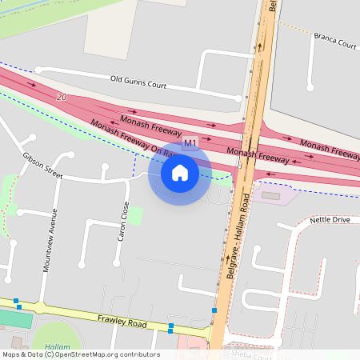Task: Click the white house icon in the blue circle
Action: [x=179, y=172]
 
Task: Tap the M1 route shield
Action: [x=190, y=144]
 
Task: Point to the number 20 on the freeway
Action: [x=62, y=98]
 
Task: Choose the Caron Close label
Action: [x=123, y=222]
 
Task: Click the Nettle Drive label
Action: [x=330, y=218]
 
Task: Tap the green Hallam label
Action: [x=57, y=346]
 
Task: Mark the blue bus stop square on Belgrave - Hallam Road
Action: [x=214, y=310]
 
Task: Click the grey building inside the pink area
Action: [x=271, y=194]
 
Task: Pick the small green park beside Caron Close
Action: [x=135, y=216]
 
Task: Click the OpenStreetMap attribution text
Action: [x=80, y=354]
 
